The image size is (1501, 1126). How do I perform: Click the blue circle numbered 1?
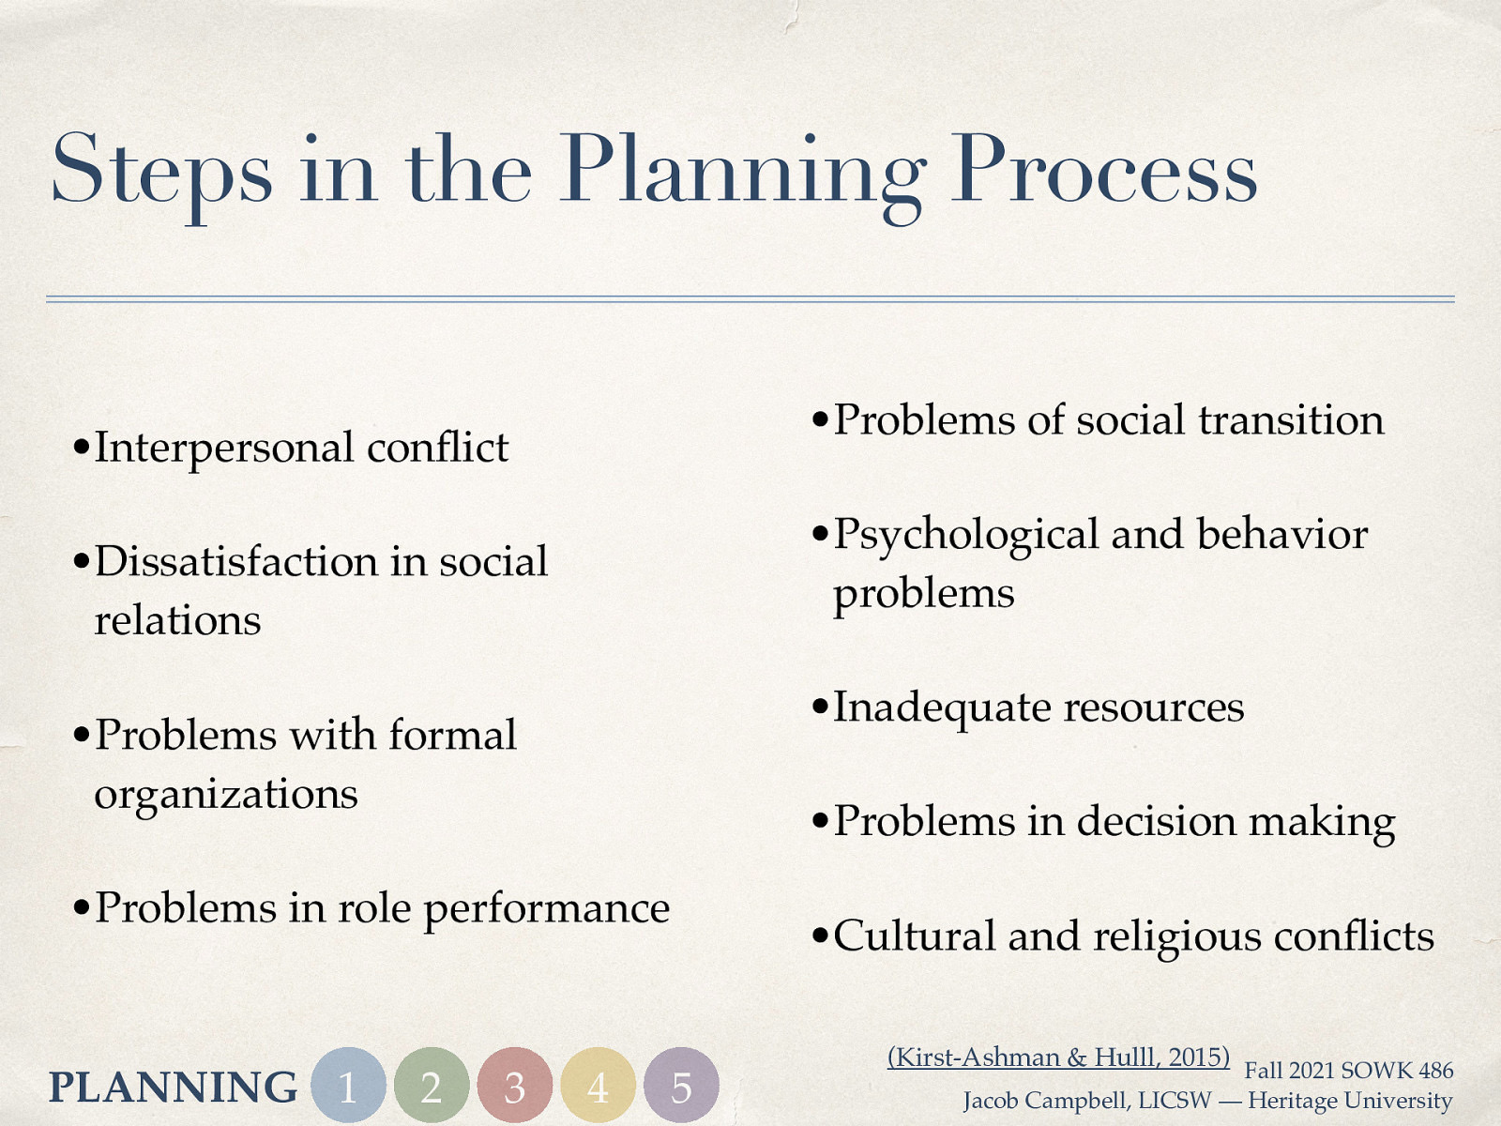[x=348, y=1086]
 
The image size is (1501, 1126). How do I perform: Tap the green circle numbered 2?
[x=432, y=1086]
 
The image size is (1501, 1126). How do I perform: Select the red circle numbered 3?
[x=514, y=1086]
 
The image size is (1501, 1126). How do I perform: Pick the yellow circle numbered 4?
[x=598, y=1086]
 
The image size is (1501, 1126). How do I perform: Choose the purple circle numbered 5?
[x=681, y=1086]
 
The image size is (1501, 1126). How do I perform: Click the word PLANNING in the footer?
[x=173, y=1088]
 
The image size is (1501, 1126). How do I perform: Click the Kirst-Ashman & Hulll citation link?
[x=1058, y=1058]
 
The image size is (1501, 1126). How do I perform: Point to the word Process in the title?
[x=1103, y=171]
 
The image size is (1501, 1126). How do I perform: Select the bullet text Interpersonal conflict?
[x=301, y=448]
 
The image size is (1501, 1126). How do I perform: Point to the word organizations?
[x=226, y=795]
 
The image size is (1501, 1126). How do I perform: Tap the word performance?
[x=547, y=908]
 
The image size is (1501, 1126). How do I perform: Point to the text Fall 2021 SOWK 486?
[x=1348, y=1071]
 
